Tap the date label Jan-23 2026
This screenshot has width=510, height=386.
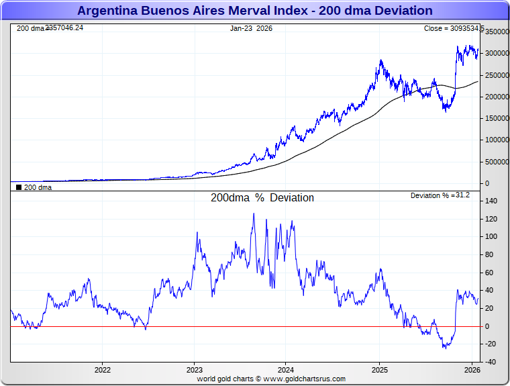point(251,28)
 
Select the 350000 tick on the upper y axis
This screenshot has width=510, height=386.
point(497,32)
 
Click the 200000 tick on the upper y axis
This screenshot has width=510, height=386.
point(497,97)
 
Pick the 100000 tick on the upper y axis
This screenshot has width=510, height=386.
point(497,140)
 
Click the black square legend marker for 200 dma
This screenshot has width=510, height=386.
point(19,188)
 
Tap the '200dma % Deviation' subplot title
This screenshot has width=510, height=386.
point(262,198)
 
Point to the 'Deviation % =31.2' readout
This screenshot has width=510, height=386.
point(440,195)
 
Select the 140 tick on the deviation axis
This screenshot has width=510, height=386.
point(493,201)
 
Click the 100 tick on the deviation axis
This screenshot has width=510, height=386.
point(493,237)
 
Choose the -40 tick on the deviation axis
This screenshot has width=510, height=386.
point(493,362)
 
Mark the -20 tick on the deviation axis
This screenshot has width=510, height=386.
point(493,344)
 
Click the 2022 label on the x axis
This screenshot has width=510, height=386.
point(102,370)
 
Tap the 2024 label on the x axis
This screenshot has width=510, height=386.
point(286,370)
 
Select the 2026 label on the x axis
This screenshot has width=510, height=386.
point(472,370)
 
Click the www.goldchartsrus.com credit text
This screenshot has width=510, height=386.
point(271,379)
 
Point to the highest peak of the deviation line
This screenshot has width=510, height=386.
point(254,213)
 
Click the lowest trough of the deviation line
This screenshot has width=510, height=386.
point(445,348)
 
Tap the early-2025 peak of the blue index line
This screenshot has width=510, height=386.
point(381,60)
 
